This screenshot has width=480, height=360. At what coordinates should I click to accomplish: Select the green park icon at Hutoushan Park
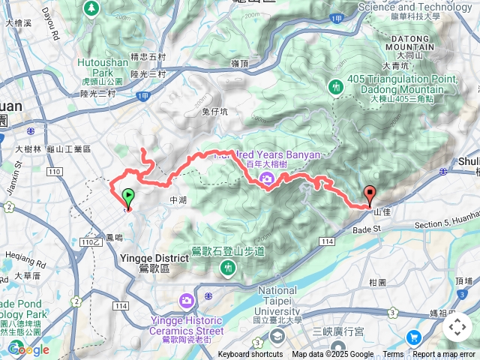(91, 8)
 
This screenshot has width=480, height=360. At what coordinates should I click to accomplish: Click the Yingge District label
(154, 258)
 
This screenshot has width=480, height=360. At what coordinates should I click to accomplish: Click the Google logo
(28, 349)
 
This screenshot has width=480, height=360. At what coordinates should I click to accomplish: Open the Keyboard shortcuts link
(250, 355)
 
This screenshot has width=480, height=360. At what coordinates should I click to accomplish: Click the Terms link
(393, 355)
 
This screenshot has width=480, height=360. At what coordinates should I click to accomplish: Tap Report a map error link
(445, 355)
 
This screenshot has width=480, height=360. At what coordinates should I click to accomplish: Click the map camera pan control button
(457, 327)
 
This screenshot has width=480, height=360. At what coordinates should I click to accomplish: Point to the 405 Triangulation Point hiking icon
(335, 88)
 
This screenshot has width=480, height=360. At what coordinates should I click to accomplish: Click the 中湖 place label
(178, 200)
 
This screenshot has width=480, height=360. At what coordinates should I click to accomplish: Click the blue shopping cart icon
(413, 338)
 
